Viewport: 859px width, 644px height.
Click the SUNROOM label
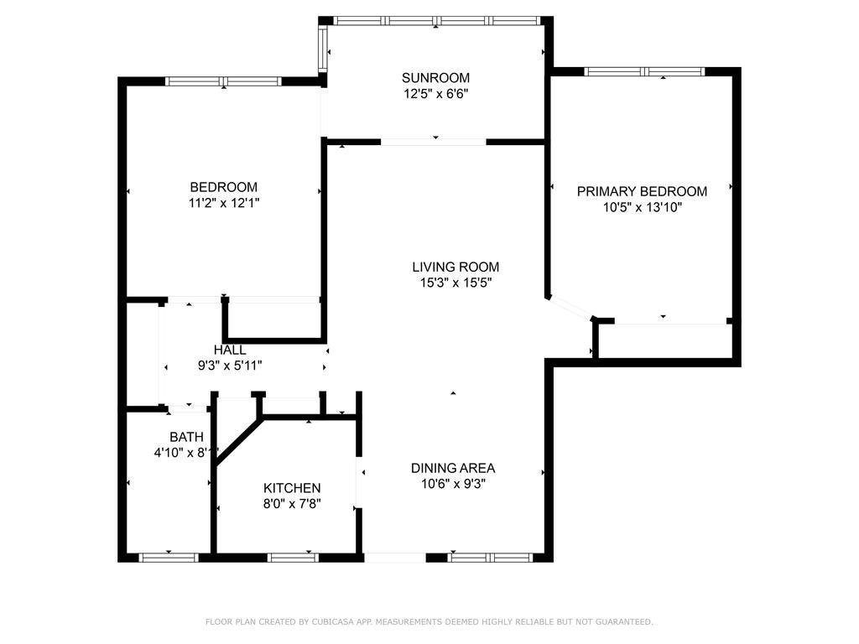435,78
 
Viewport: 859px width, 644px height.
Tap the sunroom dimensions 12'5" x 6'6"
435,94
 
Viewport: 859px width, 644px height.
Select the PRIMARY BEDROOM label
642,191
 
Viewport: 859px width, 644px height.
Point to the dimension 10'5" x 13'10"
642,207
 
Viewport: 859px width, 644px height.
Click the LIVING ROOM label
456,267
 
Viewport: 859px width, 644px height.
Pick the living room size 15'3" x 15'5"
456,283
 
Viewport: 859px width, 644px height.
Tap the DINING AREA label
453,468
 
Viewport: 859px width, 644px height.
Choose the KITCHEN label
292,488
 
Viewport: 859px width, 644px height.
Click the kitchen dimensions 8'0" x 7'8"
292,503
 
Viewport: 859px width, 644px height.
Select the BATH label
186,437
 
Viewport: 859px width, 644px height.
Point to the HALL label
230,350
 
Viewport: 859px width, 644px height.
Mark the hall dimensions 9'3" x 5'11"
230,366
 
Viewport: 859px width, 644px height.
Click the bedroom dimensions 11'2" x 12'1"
223,203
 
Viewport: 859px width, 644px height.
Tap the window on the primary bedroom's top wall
644,71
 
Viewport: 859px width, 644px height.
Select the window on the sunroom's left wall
323,48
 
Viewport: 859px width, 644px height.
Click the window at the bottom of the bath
168,558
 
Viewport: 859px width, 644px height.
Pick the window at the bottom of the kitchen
293,558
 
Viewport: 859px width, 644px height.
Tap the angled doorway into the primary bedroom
570,308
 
